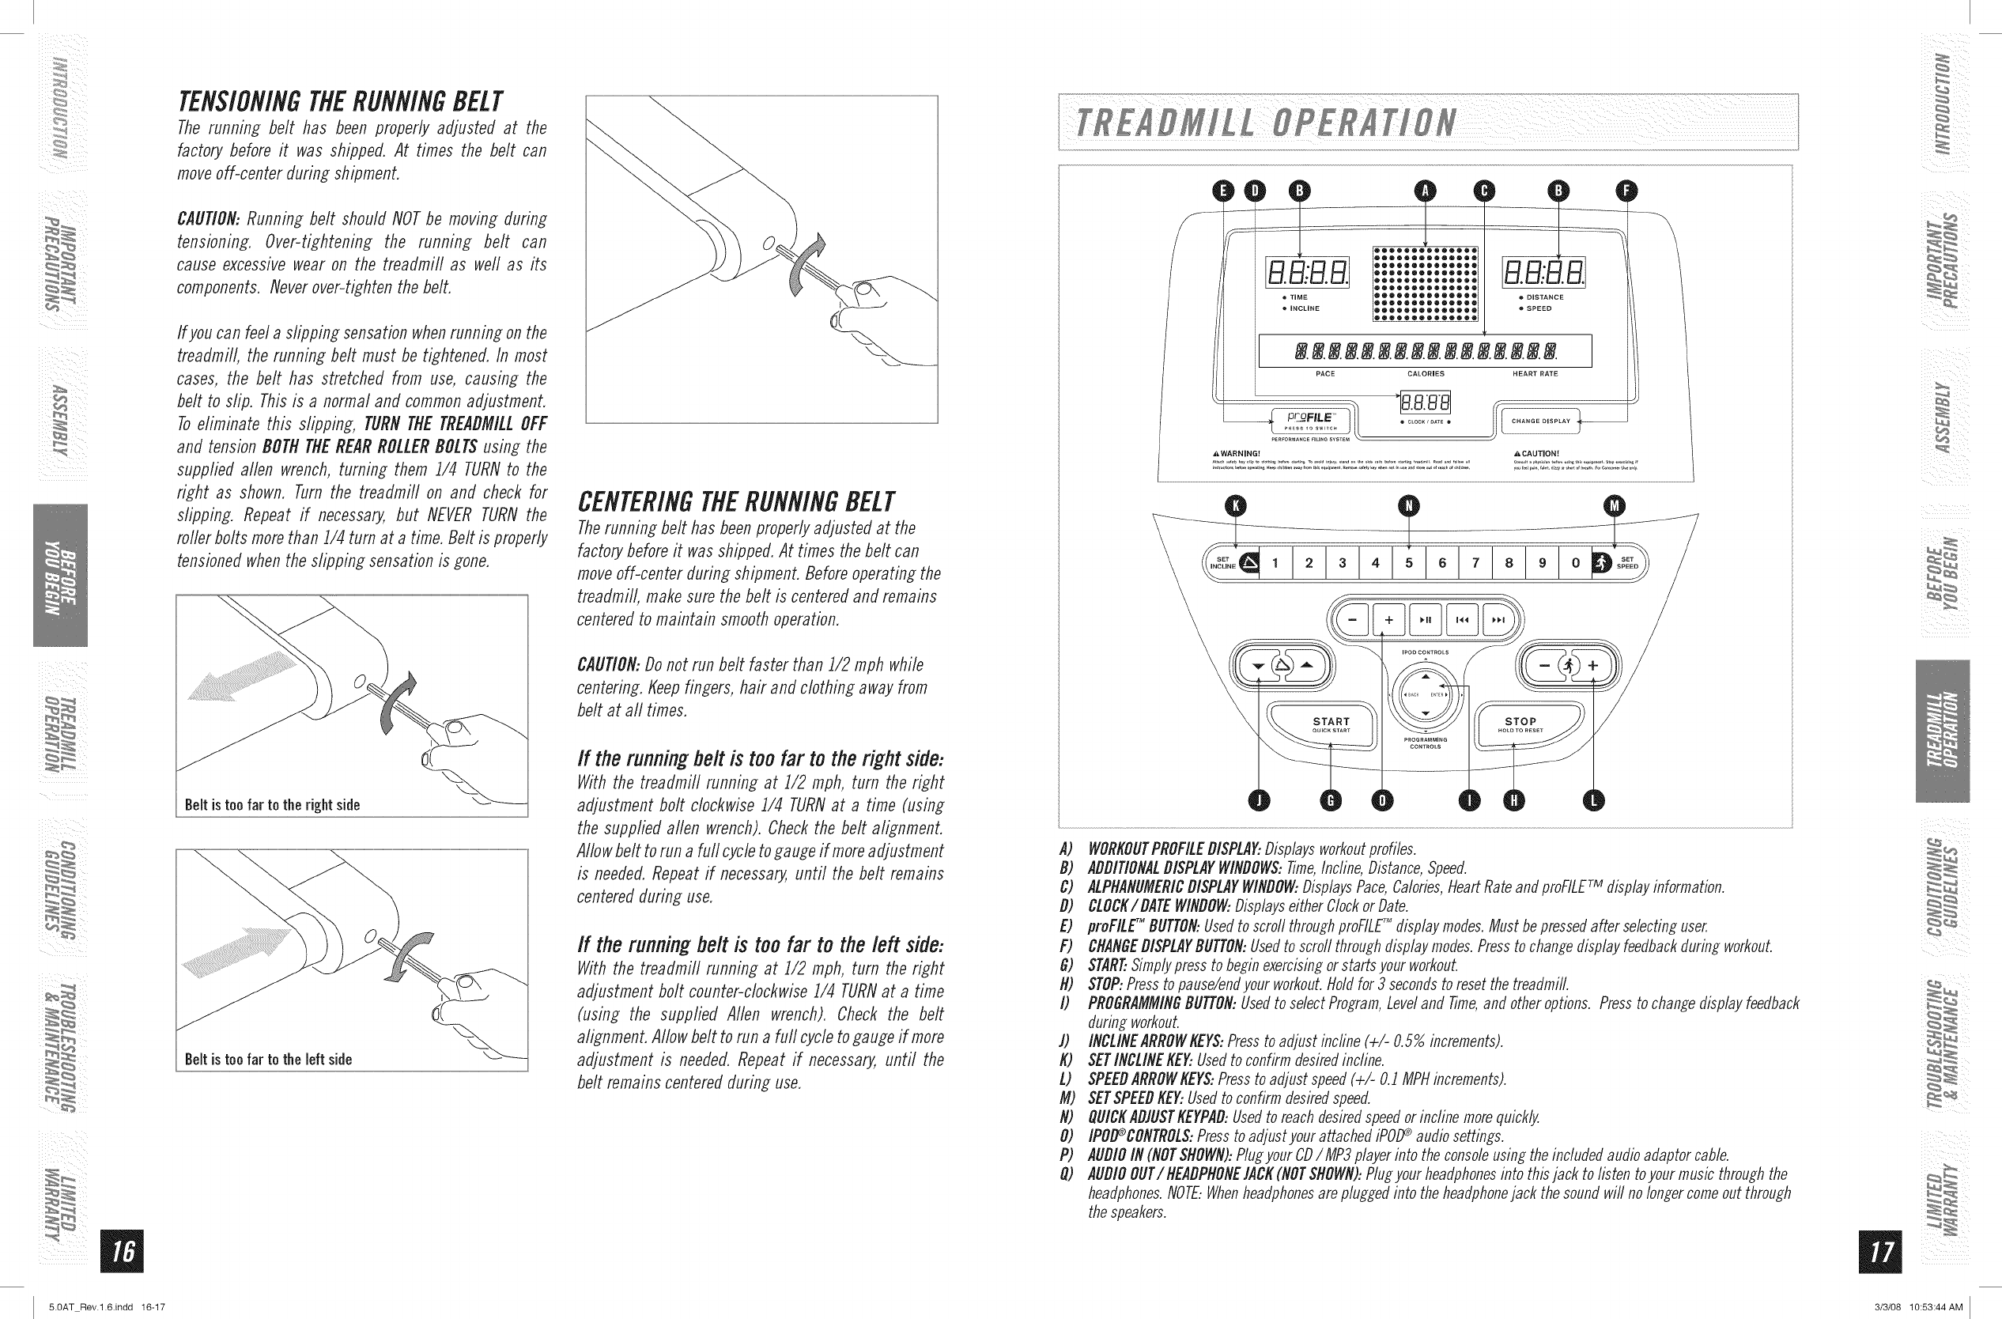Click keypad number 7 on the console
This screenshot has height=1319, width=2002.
[x=1475, y=564]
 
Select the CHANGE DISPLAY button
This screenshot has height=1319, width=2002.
[x=1540, y=421]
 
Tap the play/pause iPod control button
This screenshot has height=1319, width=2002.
[x=1425, y=621]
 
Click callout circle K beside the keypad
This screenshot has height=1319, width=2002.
[x=1235, y=505]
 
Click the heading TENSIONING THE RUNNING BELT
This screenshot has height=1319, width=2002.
[x=341, y=102]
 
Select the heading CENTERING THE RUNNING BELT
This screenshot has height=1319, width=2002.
[x=737, y=502]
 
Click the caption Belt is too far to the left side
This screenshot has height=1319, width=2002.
[x=268, y=1059]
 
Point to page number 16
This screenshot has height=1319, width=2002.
[x=122, y=1252]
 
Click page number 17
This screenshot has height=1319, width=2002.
[x=1881, y=1252]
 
